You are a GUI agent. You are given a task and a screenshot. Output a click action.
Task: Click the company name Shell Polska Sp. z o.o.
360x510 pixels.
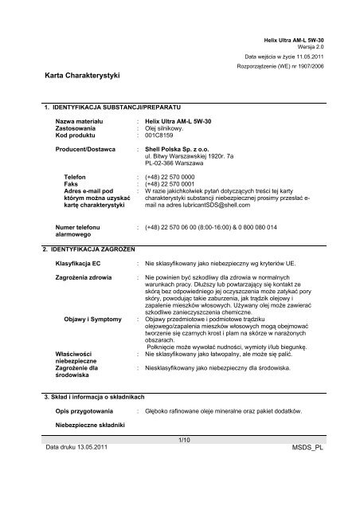pyautogui.click(x=181, y=148)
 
